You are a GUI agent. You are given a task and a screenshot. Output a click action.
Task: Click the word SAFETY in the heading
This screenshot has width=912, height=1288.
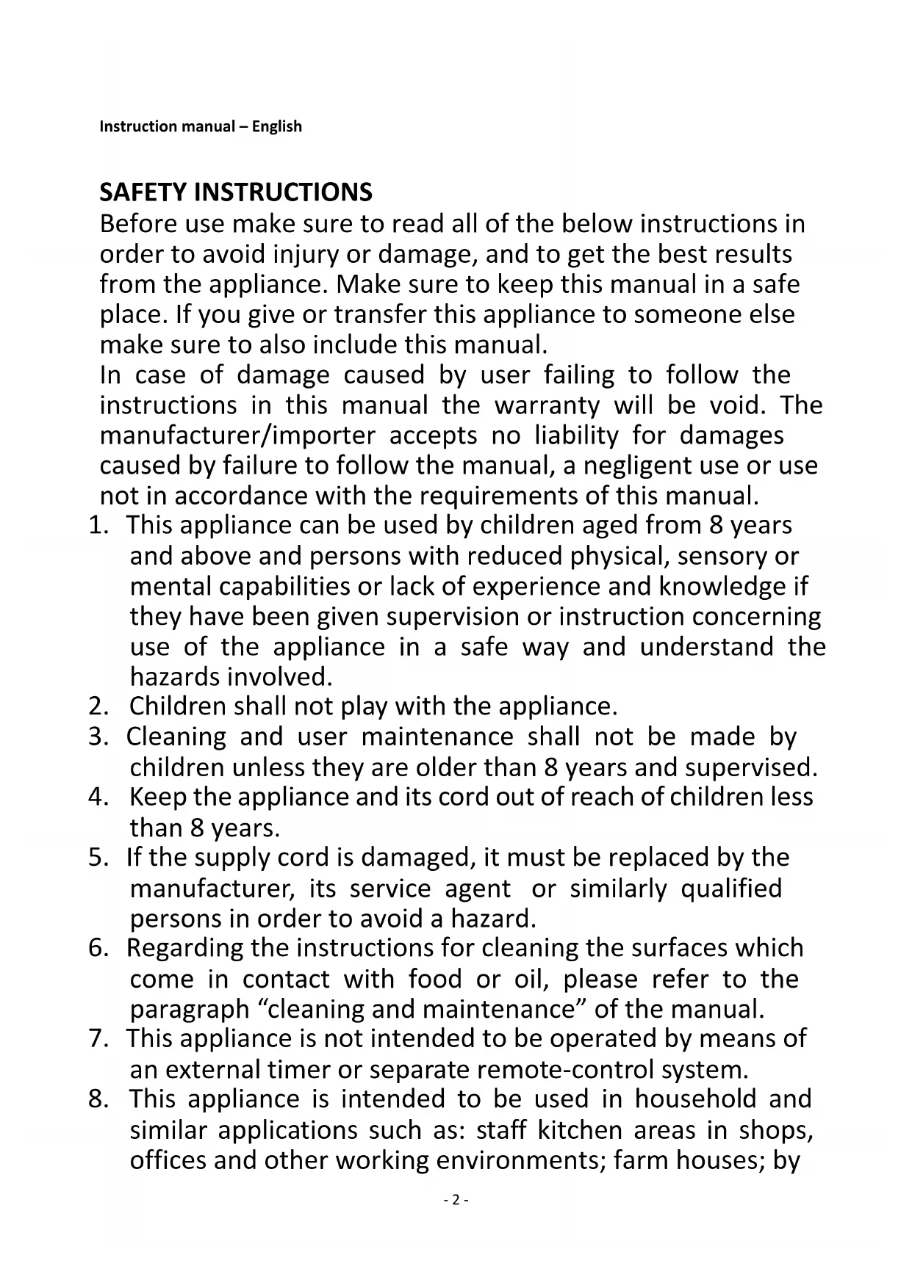point(143,192)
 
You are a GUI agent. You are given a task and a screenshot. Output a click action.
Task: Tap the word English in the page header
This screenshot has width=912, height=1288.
point(277,126)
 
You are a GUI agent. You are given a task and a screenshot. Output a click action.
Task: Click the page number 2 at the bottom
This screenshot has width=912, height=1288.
point(456,1200)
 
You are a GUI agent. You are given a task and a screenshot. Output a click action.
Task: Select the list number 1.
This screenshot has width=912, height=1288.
point(96,526)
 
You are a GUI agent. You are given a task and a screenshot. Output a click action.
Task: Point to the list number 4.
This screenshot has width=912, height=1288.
point(97,797)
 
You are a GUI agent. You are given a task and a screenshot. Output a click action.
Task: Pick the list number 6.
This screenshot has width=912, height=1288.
point(97,949)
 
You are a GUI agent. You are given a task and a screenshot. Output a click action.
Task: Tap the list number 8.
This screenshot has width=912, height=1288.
point(97,1099)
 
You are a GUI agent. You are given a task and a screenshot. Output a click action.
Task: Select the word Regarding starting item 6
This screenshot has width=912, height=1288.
point(185,949)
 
